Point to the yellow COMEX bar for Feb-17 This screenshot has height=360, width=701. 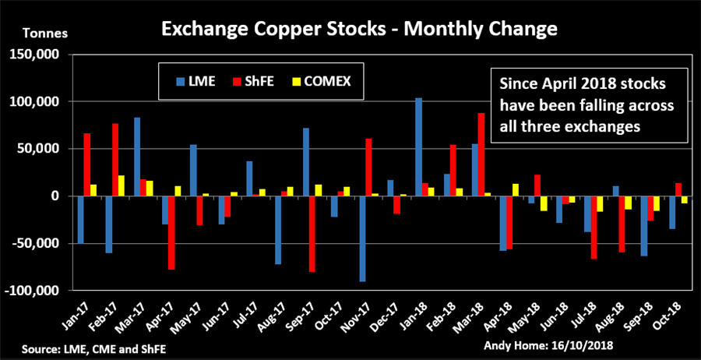(120, 185)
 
